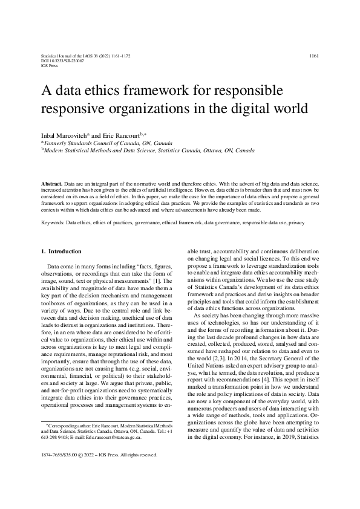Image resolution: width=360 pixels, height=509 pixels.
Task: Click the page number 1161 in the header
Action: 313,56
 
